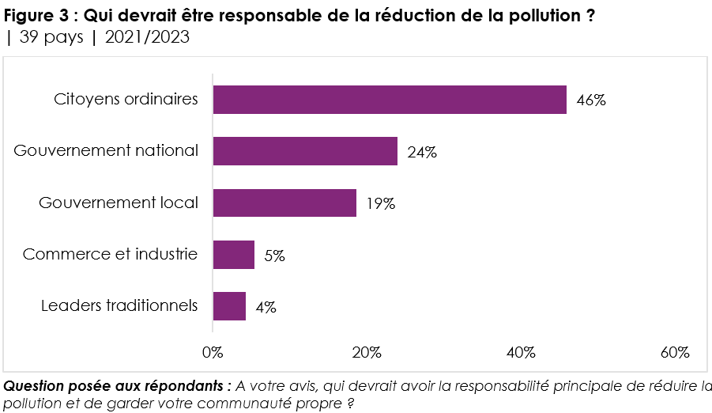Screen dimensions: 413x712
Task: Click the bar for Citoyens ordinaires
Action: (390, 100)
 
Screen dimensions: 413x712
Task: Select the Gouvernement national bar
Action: (305, 151)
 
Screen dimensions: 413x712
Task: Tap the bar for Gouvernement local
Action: (284, 203)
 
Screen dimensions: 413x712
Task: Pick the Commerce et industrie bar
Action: (234, 255)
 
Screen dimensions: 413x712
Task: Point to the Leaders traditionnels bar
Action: (229, 306)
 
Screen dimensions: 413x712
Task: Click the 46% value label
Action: (591, 100)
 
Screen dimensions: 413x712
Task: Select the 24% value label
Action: (422, 152)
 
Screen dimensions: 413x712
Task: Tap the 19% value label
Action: (381, 203)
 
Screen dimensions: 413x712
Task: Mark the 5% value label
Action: (274, 256)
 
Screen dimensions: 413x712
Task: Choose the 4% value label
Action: (266, 307)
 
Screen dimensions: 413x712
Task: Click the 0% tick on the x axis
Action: (213, 352)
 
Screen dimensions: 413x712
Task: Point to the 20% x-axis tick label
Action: (367, 352)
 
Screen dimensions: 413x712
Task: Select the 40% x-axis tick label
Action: (521, 352)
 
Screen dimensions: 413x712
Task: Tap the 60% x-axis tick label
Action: (675, 352)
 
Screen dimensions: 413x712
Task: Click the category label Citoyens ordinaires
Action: (126, 100)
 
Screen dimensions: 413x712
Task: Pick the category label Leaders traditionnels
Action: (119, 305)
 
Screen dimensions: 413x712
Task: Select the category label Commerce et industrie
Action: (111, 254)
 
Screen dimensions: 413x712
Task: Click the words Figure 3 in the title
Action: (37, 16)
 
